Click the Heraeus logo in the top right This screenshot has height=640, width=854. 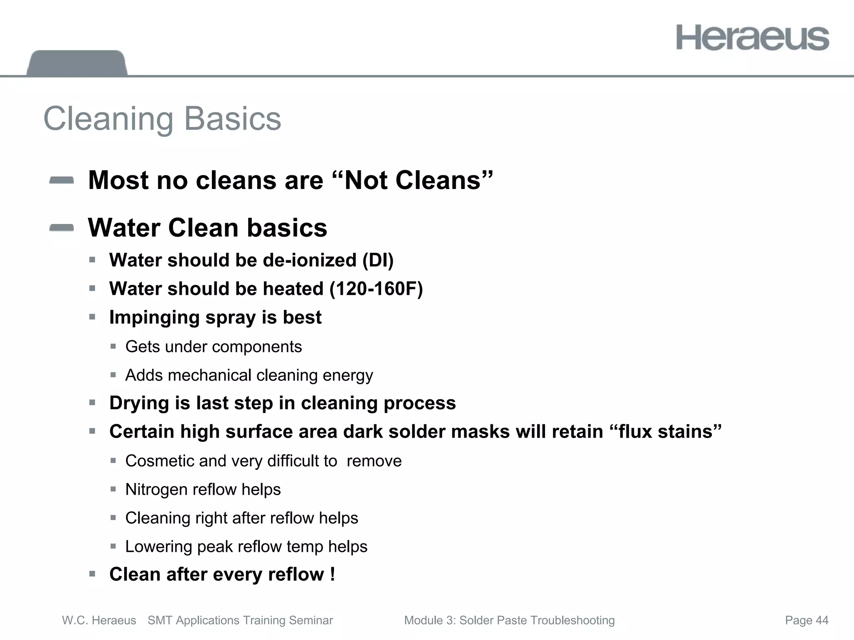coord(752,38)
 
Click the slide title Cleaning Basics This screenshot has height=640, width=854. coord(162,119)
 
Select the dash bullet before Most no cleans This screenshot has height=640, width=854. coord(61,180)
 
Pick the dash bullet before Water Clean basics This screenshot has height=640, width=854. coord(61,228)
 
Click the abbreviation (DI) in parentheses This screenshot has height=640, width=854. coord(378,260)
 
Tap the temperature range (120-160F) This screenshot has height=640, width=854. coord(376,289)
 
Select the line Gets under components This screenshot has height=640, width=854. coord(213,347)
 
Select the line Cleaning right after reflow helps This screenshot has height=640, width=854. coord(241,518)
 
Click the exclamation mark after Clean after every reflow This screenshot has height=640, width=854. coord(332,574)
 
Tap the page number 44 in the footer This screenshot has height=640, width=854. coord(822,620)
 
